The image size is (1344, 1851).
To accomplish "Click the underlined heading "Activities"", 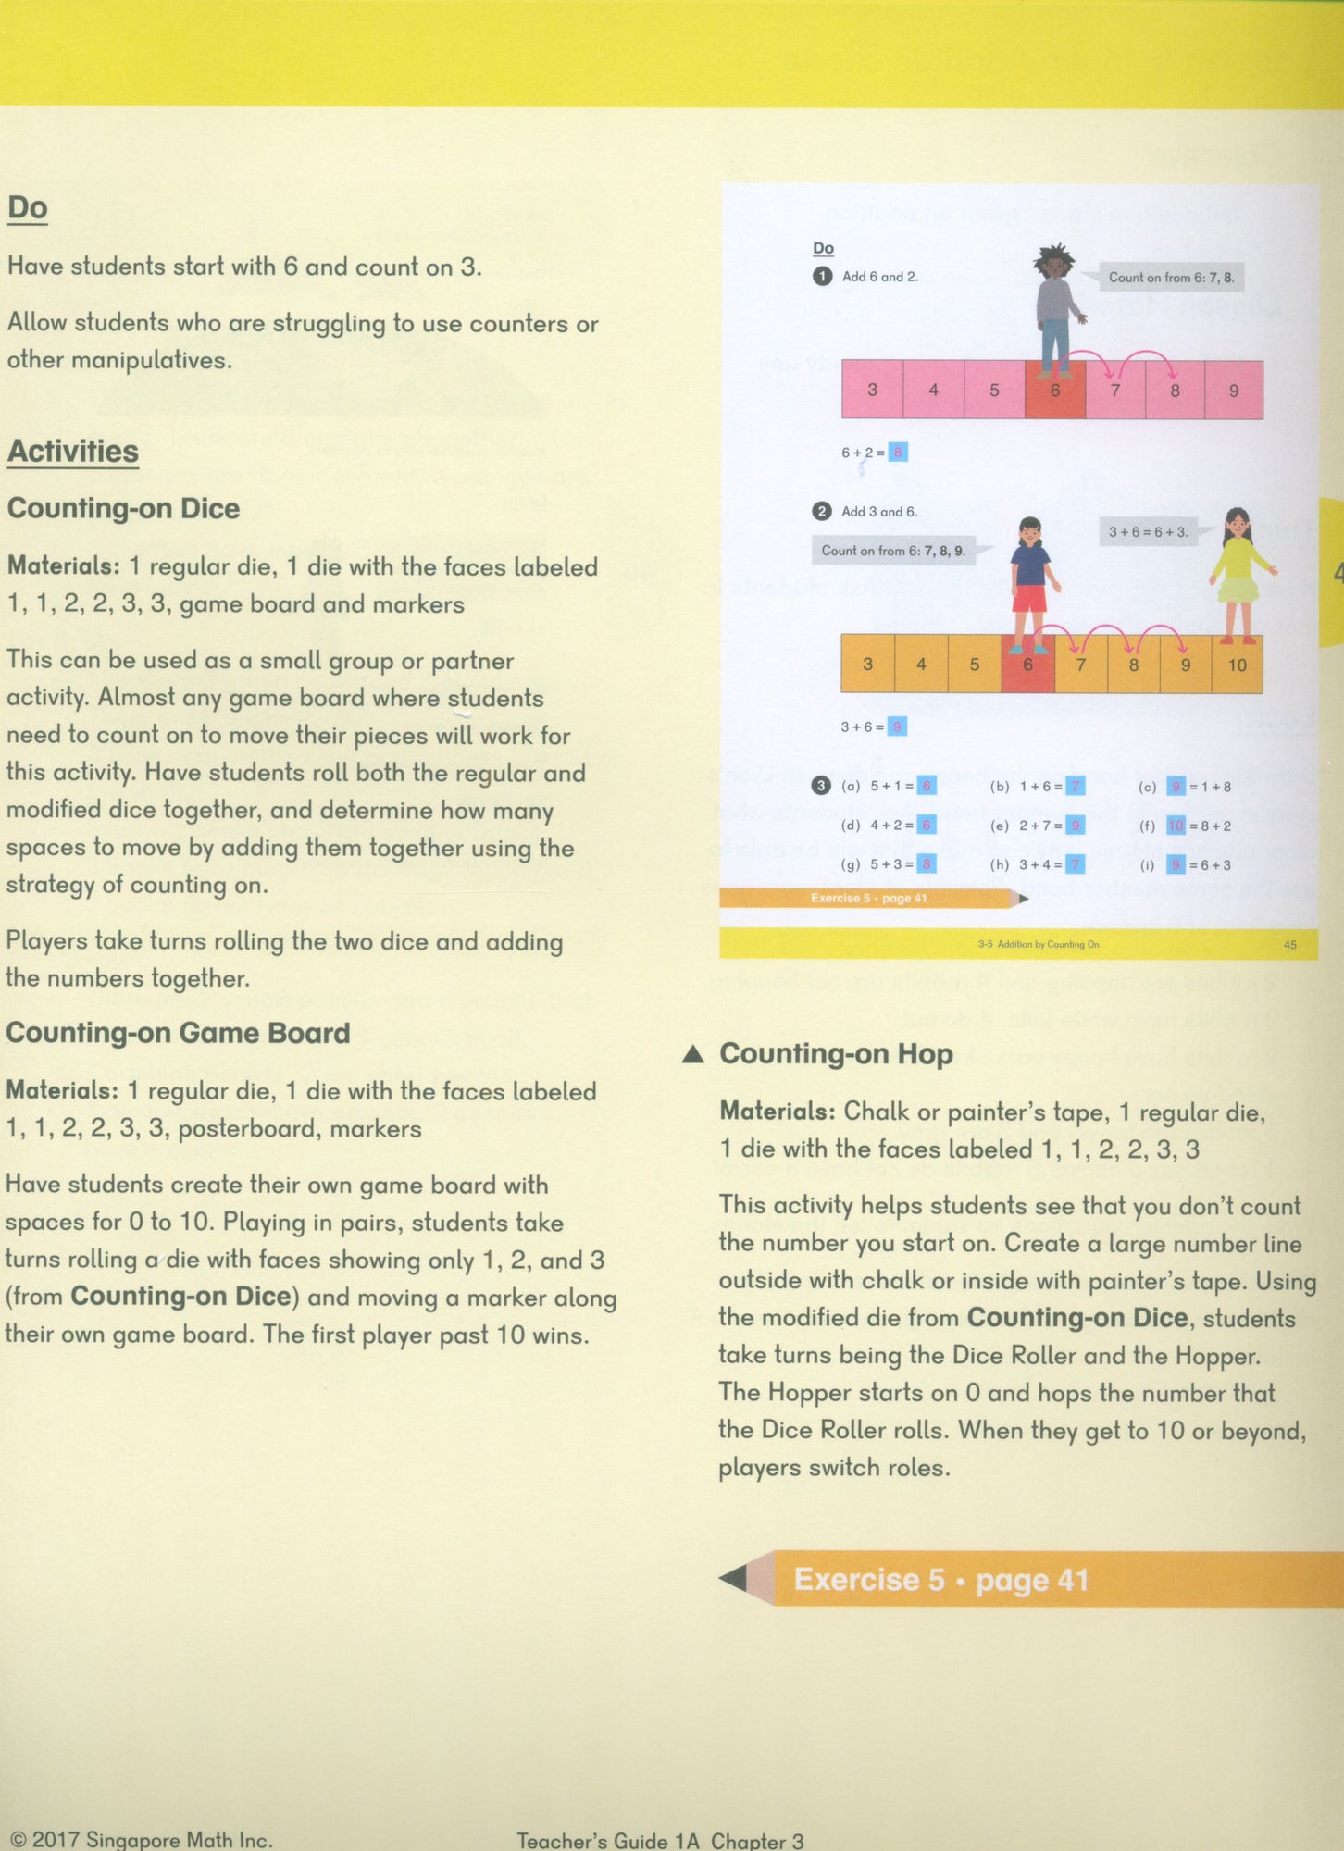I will pos(73,452).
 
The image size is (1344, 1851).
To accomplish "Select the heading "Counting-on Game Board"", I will pos(178,1033).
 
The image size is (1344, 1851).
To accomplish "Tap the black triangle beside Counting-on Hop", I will pos(693,1055).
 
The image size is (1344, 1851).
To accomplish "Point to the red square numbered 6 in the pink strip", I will pos(1054,391).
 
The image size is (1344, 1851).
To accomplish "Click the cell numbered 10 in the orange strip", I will pos(1237,665).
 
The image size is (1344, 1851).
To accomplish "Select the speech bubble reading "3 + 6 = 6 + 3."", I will pos(1148,532).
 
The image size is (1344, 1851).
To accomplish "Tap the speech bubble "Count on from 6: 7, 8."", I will pos(1170,277).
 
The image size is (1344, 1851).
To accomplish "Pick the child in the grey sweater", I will pos(1054,310).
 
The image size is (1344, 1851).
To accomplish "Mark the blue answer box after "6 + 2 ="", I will pos(897,453).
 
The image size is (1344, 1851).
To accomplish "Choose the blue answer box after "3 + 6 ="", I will pos(896,727).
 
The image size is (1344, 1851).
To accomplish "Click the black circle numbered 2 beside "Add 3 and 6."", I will pos(821,511).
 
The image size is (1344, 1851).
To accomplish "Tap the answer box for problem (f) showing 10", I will pos(1176,826).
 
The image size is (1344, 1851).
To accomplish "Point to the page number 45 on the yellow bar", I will pos(1289,945).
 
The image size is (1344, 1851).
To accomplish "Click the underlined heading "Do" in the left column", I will pos(28,208).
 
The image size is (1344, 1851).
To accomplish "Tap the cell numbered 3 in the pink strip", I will pos(872,391).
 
